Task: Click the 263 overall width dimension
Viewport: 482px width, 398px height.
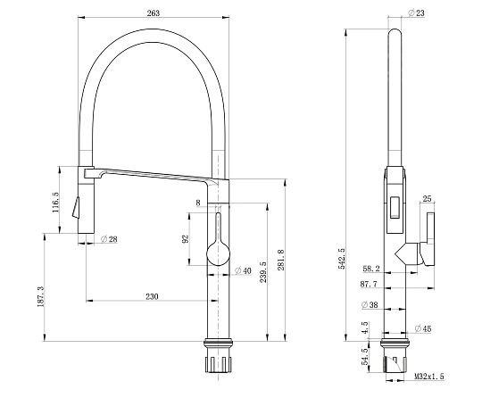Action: (x=154, y=12)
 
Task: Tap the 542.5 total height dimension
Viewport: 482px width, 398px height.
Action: (x=342, y=259)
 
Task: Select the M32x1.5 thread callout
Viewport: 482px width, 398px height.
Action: (x=429, y=377)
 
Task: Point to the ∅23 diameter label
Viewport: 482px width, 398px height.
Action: (x=416, y=12)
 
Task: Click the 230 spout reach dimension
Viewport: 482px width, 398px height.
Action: (x=152, y=296)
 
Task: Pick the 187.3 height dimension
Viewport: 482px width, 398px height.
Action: (x=41, y=296)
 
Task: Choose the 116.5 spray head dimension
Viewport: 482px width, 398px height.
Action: (x=55, y=203)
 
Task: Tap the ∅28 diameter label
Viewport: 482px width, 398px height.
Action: (x=109, y=239)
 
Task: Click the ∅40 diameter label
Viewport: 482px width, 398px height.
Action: (x=243, y=270)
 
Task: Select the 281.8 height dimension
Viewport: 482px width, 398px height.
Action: (x=281, y=260)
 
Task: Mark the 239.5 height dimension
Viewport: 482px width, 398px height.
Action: (x=263, y=272)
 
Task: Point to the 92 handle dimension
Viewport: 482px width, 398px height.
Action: (x=186, y=239)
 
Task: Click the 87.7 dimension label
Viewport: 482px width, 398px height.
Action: (x=369, y=285)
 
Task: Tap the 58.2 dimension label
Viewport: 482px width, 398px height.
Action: (x=371, y=269)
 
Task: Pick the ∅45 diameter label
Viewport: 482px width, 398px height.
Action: (x=423, y=329)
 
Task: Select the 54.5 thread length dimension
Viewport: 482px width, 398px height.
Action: (x=365, y=357)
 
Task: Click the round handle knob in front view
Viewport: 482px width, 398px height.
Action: (x=219, y=253)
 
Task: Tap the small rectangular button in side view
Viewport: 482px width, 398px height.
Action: (x=395, y=208)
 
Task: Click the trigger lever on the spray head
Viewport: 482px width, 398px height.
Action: (x=76, y=207)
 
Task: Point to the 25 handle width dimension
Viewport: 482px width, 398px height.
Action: (x=427, y=199)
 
